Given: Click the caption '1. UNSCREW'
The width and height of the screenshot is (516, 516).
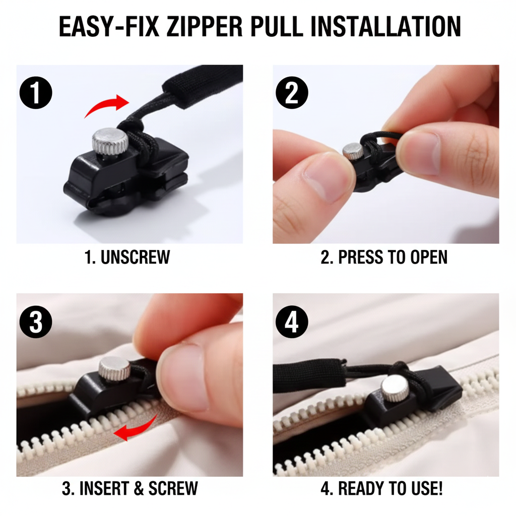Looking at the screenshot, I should (127, 257).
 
